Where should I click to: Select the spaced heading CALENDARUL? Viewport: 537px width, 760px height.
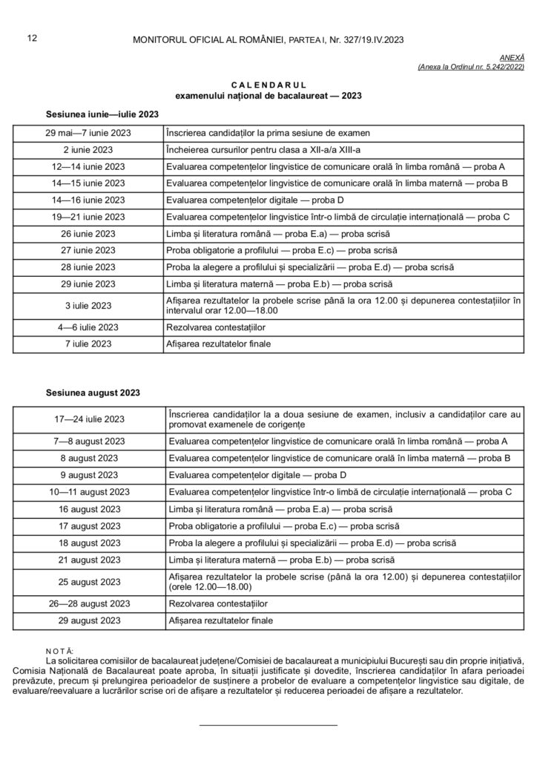point(268,85)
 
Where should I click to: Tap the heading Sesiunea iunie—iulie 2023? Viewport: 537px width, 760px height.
point(102,114)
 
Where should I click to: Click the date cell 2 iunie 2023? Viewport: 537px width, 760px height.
point(88,149)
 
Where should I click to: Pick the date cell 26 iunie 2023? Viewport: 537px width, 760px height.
point(88,233)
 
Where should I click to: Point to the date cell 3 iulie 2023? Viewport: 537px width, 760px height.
point(88,305)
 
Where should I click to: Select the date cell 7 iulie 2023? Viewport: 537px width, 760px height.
point(88,344)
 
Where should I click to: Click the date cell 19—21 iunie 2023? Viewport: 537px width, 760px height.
point(88,217)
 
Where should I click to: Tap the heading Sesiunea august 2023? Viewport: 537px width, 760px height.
point(93,392)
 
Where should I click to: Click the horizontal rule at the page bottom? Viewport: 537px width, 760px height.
point(268,724)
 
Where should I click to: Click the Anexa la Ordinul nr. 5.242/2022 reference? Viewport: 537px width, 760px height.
point(471,67)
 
